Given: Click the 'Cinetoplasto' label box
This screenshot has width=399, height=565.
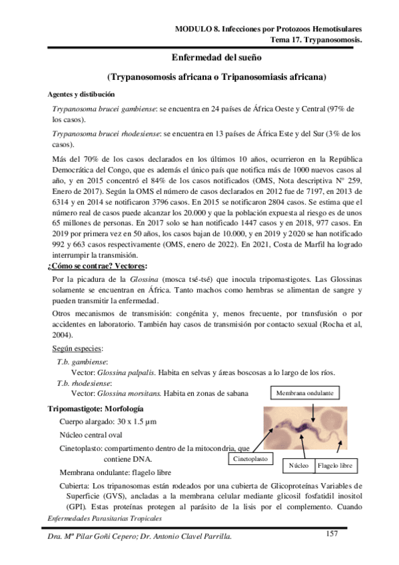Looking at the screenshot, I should point(251,460).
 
